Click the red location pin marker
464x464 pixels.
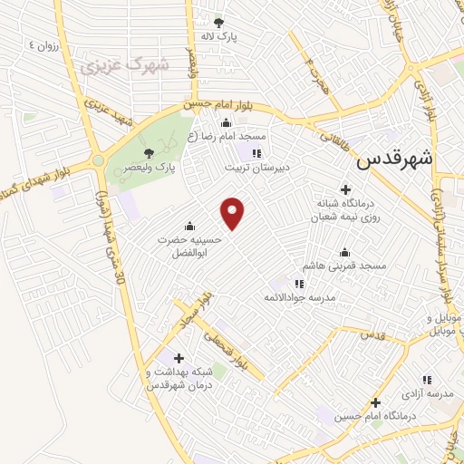(x=234, y=213)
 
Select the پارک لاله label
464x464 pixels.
(x=218, y=36)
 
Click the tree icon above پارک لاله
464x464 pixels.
(x=217, y=22)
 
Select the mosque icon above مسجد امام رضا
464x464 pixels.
(x=225, y=122)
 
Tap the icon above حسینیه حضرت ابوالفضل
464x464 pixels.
(x=188, y=226)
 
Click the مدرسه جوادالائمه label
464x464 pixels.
(x=299, y=297)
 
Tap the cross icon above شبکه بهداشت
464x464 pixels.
(x=178, y=357)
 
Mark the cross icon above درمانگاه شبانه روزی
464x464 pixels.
(x=345, y=188)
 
